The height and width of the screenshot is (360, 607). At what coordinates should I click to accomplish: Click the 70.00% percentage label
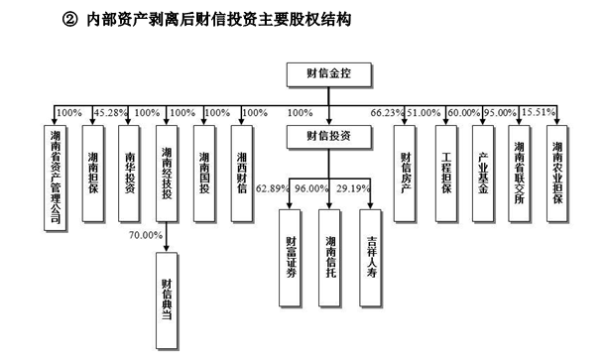tap(145, 235)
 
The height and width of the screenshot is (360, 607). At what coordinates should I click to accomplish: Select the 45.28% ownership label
tap(110, 112)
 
